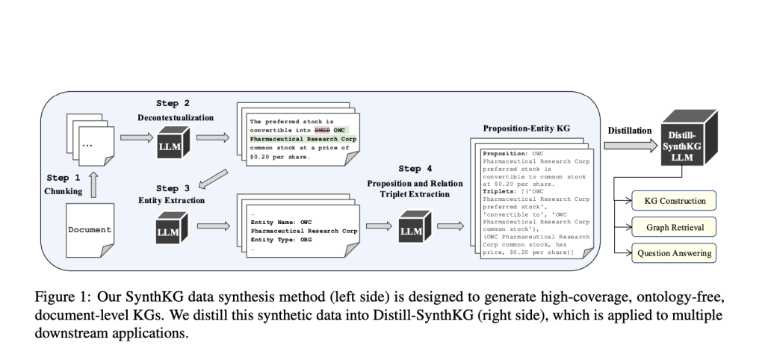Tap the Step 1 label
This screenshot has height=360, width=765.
click(64, 179)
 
